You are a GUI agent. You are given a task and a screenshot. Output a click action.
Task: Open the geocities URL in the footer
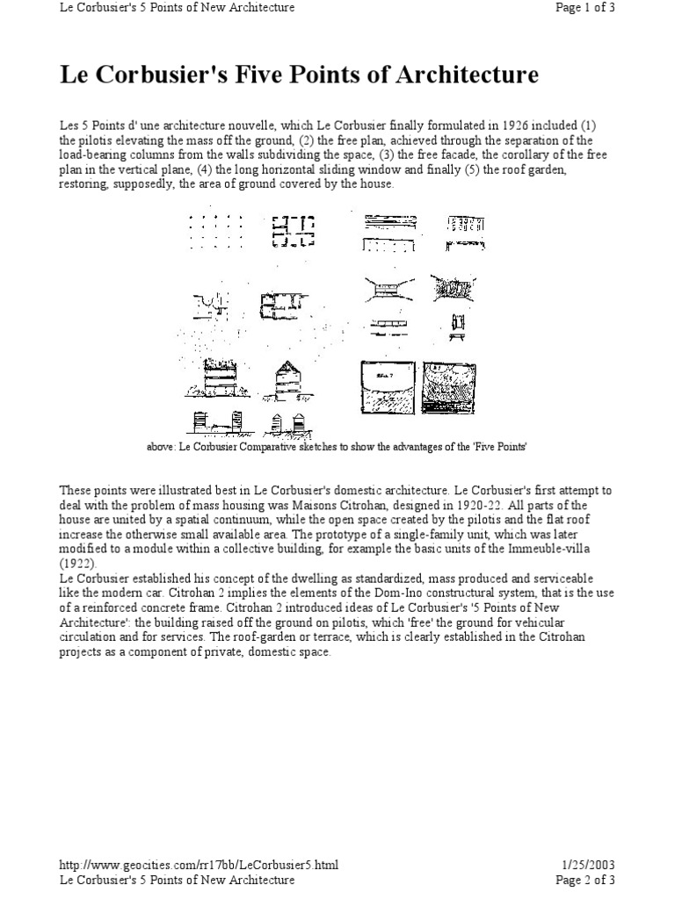pos(199,865)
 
